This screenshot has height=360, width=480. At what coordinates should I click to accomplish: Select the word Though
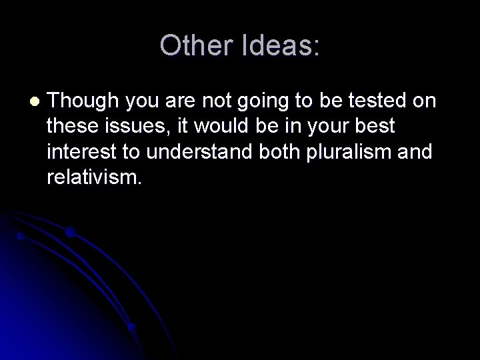click(x=83, y=101)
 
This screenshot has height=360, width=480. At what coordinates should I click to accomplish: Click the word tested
click(x=385, y=101)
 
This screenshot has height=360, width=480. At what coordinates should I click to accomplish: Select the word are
click(x=184, y=101)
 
